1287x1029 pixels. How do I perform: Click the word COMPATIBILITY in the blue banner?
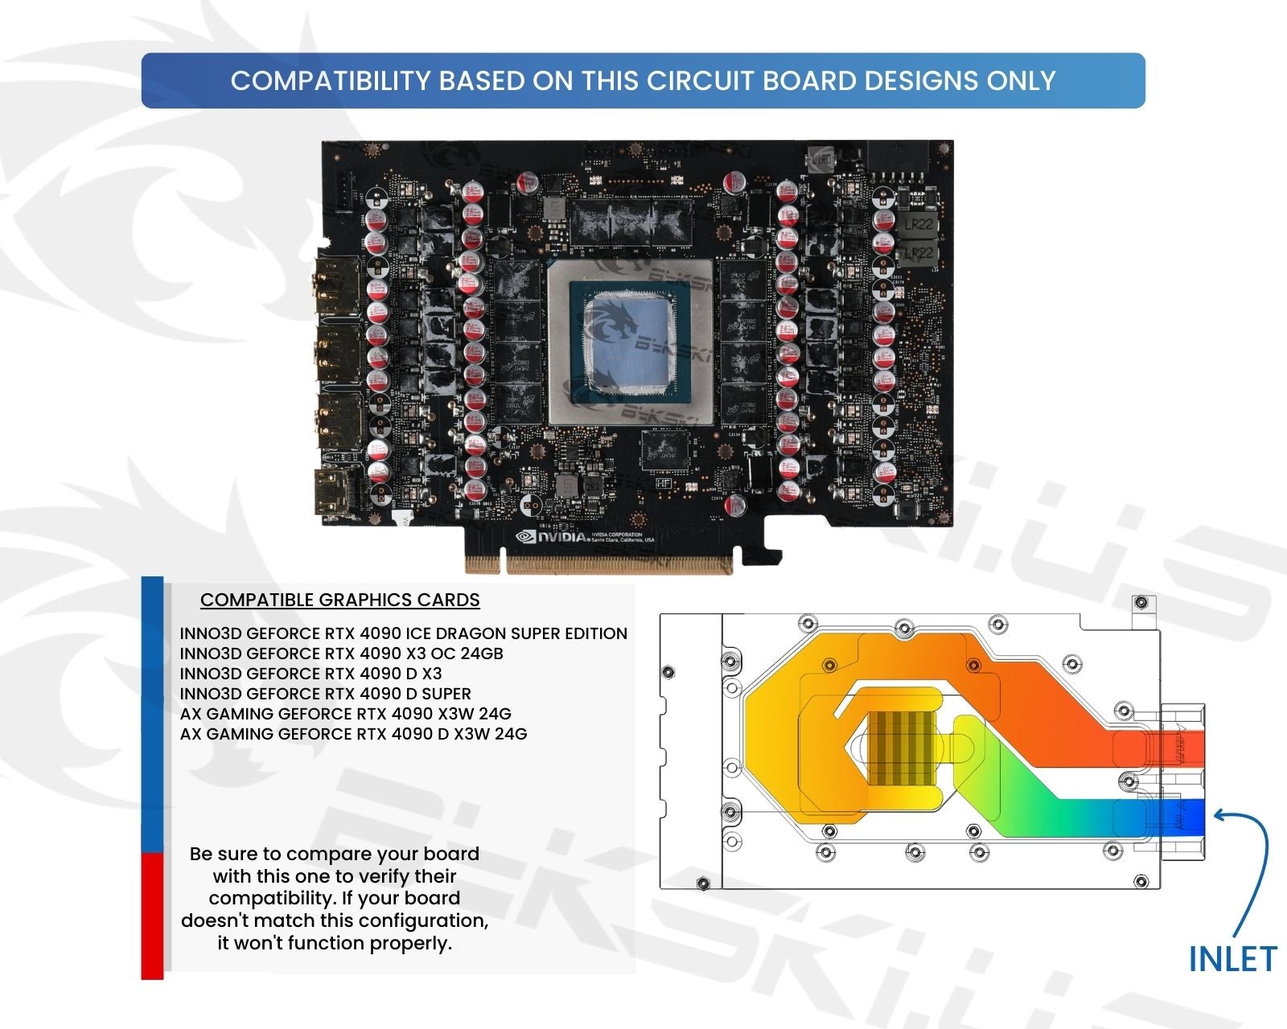tap(331, 80)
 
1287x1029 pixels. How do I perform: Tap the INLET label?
tap(1231, 959)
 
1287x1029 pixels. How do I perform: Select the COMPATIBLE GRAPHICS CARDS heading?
tap(339, 600)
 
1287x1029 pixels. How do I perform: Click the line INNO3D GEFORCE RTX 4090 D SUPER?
tap(325, 694)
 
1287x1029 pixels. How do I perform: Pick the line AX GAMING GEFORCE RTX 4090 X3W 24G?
tap(345, 714)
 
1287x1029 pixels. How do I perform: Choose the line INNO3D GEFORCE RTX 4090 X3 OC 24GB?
tap(341, 654)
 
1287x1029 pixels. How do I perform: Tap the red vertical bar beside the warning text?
tap(152, 916)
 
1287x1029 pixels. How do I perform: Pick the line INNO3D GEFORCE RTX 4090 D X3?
tap(310, 674)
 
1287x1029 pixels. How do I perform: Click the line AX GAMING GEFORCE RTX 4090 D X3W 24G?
tap(353, 734)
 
